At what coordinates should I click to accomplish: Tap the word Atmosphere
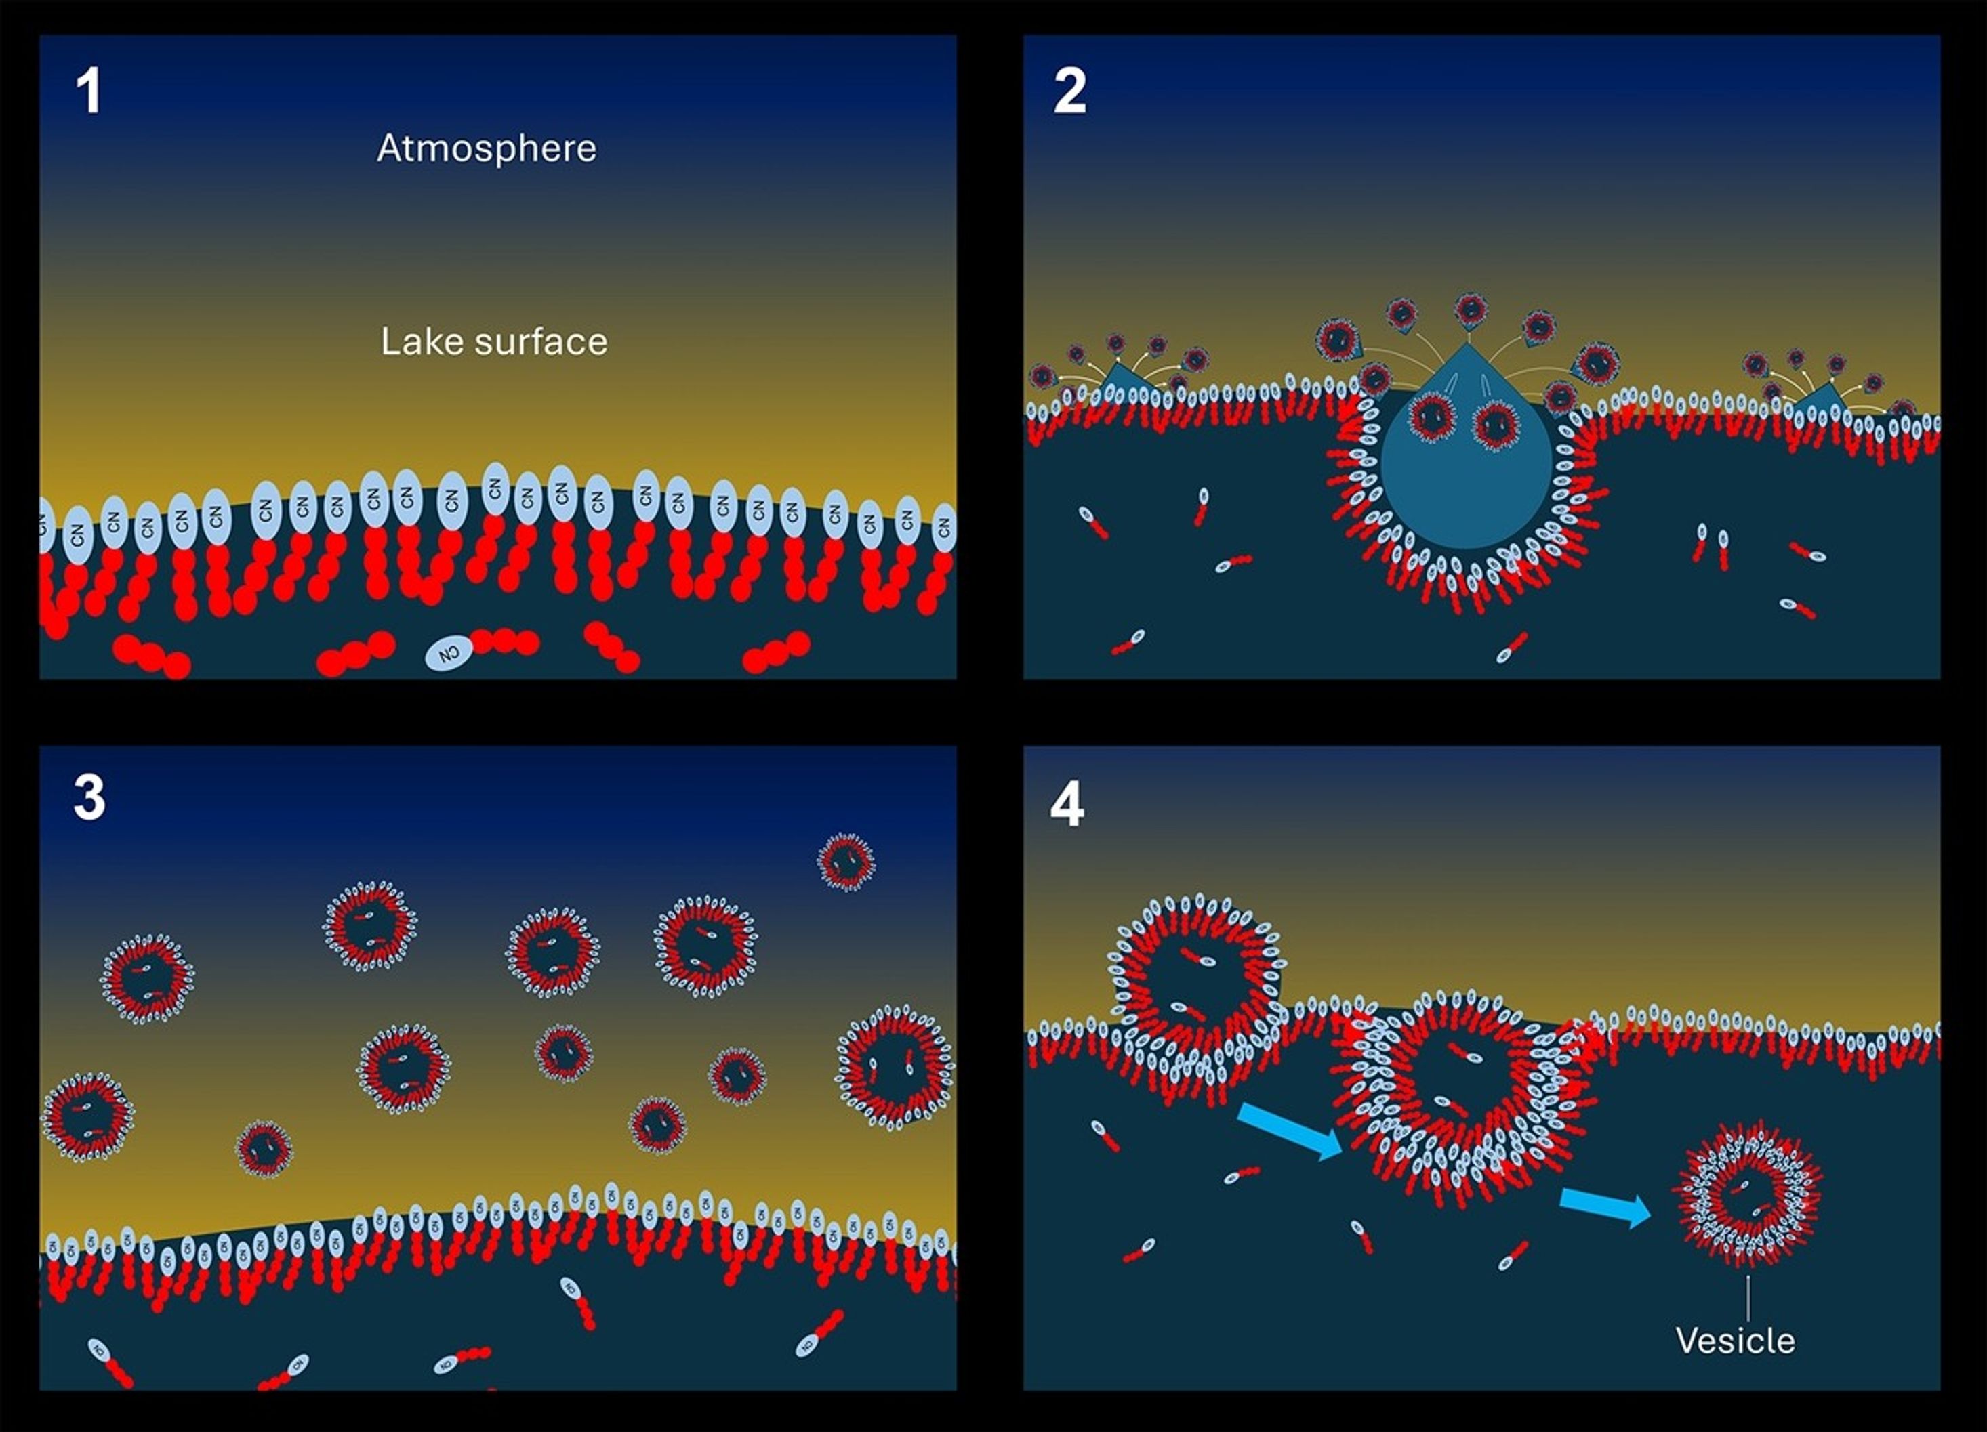(486, 148)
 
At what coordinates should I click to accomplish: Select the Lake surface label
(493, 341)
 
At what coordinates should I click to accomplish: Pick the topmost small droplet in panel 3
(846, 862)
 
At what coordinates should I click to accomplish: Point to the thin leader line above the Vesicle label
(1748, 1298)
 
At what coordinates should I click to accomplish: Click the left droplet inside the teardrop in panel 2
(1431, 417)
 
